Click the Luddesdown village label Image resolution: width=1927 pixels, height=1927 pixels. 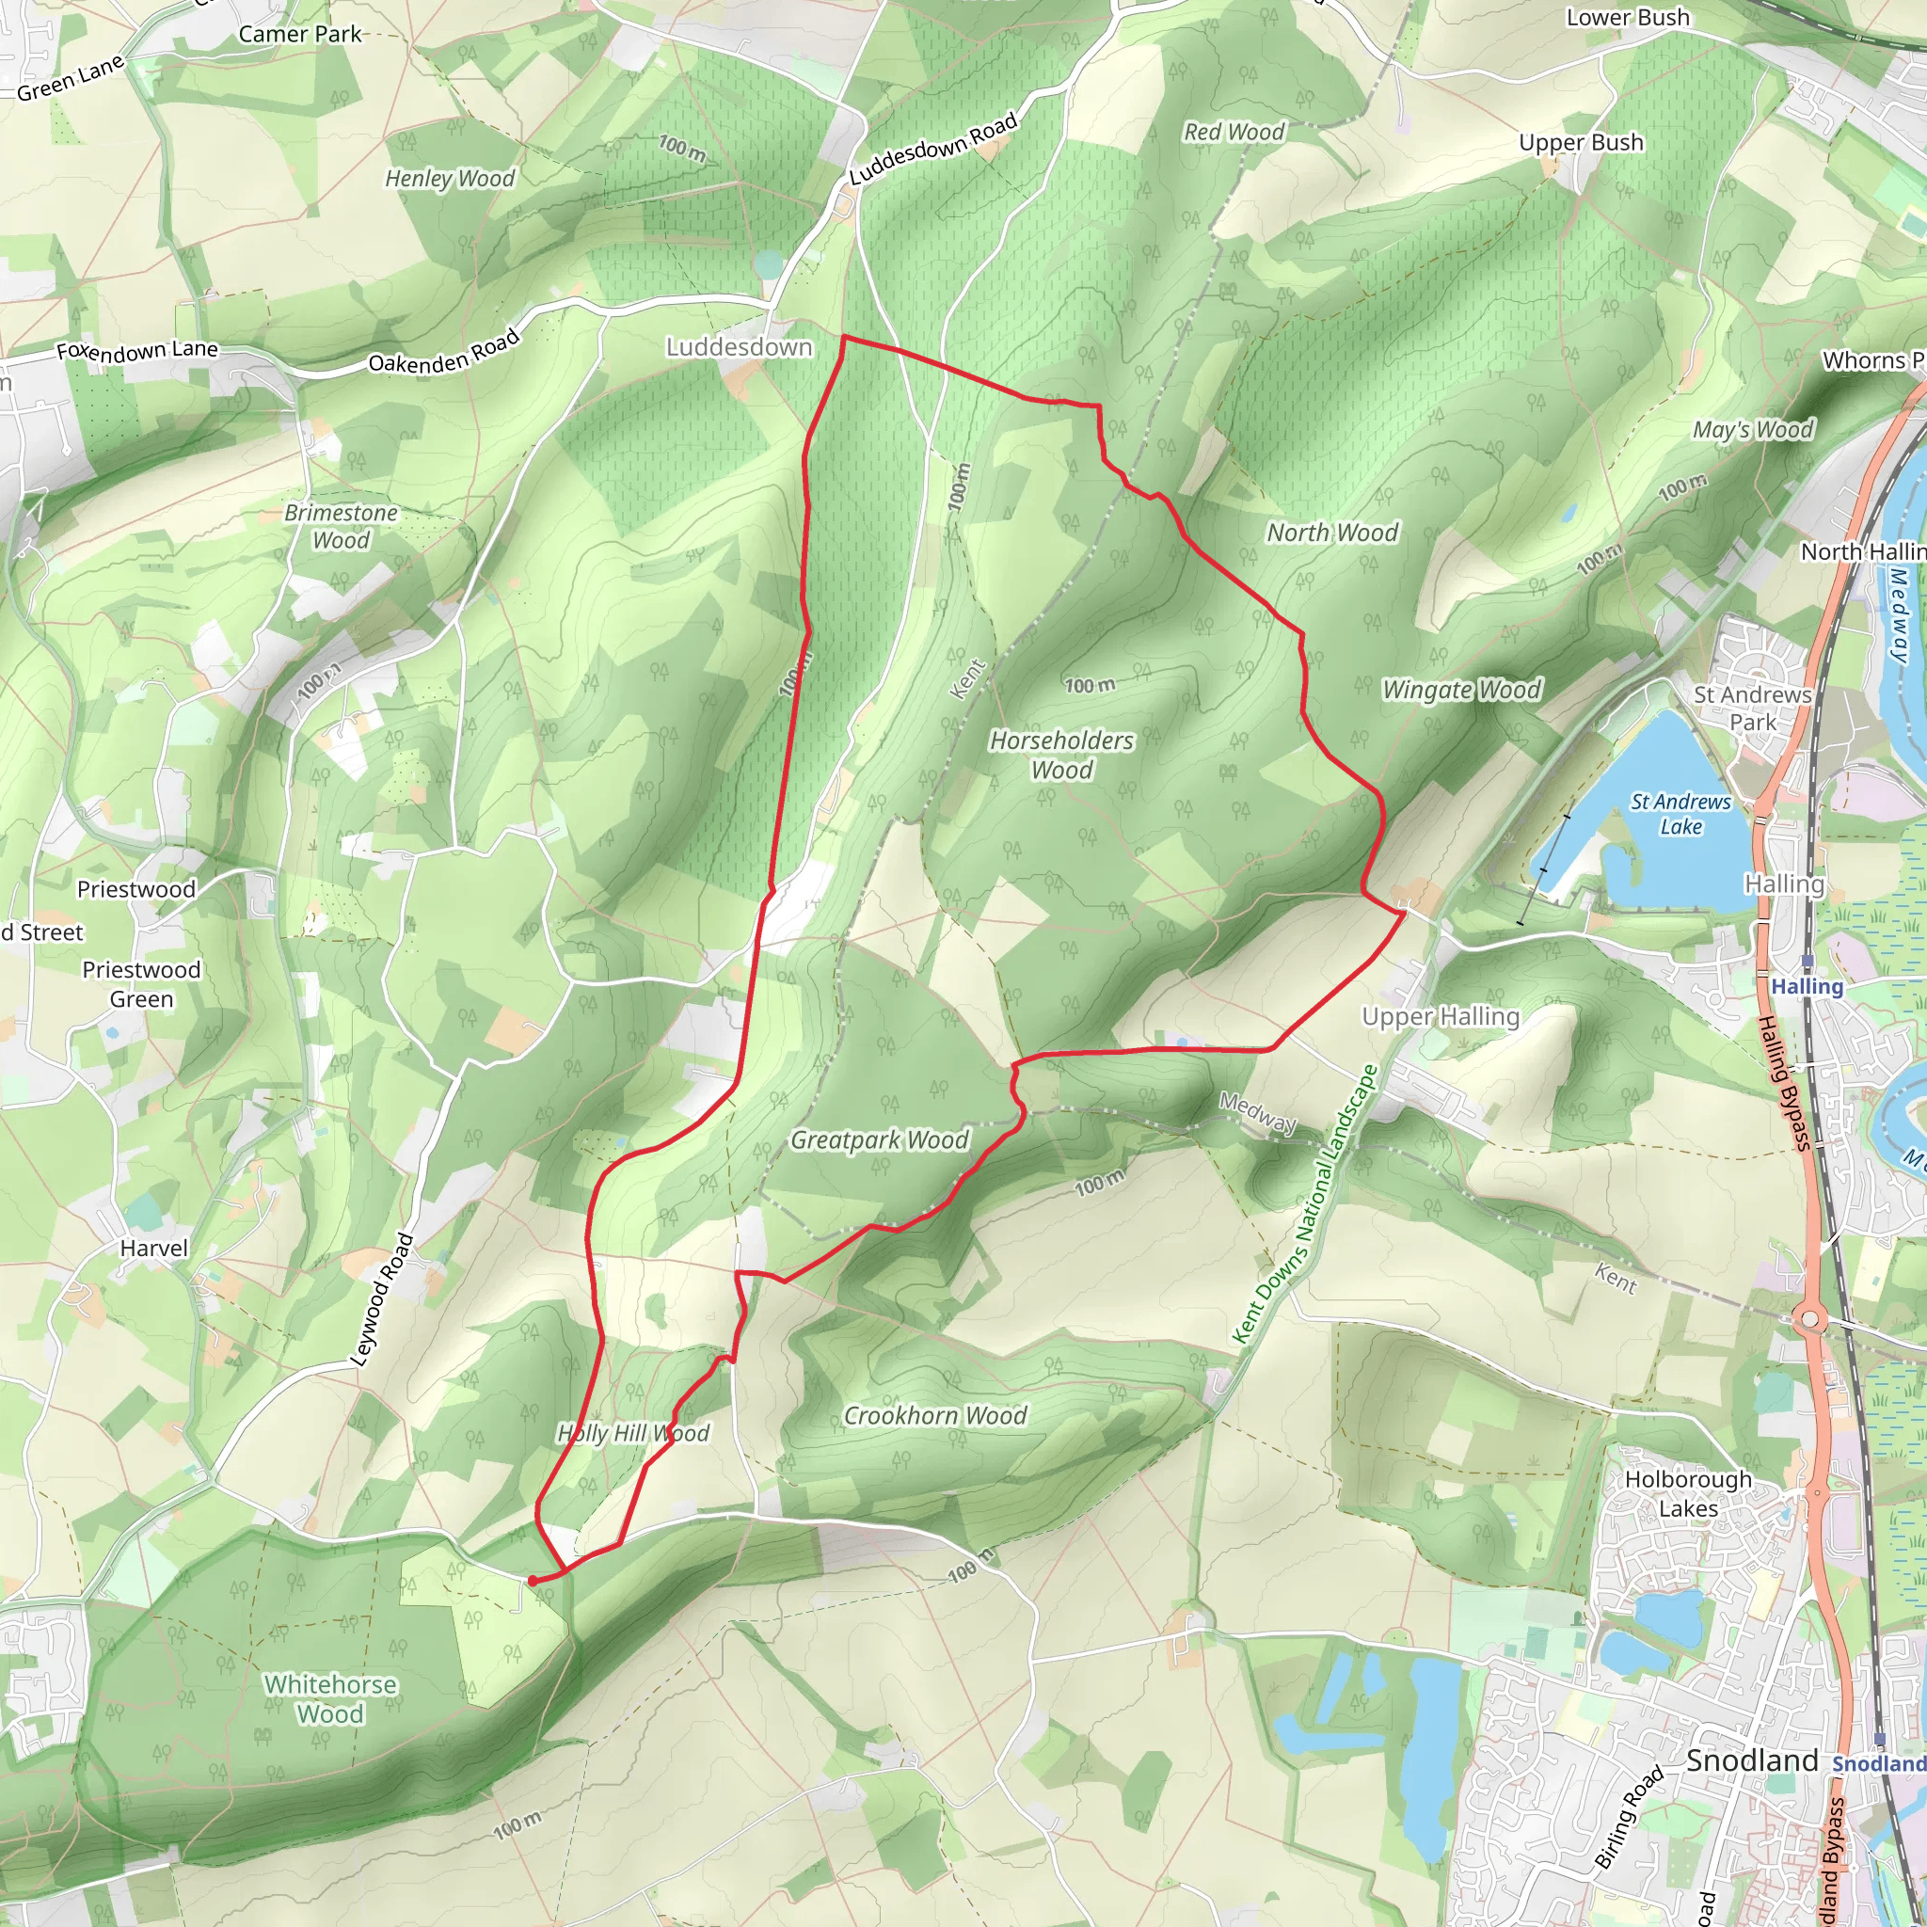[x=739, y=347]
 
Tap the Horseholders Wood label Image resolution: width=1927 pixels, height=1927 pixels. [x=1061, y=755]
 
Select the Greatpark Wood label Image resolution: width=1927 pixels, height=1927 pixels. [x=880, y=1140]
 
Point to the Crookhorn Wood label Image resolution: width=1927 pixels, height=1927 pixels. [x=935, y=1415]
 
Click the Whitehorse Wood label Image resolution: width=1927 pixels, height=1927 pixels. [x=330, y=1698]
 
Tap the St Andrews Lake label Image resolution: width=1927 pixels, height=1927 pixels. [x=1680, y=814]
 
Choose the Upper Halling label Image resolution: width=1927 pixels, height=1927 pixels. [x=1441, y=1016]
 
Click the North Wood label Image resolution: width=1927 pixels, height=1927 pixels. [x=1332, y=533]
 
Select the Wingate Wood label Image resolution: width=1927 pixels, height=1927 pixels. [x=1462, y=689]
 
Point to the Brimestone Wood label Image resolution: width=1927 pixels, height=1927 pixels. [x=342, y=526]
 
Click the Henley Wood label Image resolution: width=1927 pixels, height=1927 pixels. [x=450, y=179]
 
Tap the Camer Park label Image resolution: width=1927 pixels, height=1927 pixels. [x=300, y=34]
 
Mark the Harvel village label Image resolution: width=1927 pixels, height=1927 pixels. [x=153, y=1248]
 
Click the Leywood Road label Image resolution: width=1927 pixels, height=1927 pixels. [x=382, y=1299]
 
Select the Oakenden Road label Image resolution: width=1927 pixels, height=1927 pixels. [x=444, y=352]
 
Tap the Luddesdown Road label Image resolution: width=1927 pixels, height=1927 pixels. [x=933, y=149]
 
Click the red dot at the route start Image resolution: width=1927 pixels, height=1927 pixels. [x=533, y=1581]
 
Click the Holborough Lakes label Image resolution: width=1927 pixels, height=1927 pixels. [x=1688, y=1493]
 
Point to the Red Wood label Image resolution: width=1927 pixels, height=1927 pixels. [x=1234, y=132]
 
